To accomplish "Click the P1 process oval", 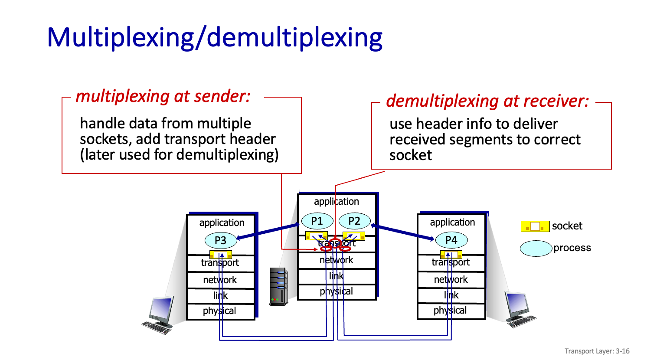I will [317, 221].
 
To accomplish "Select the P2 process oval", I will [354, 221].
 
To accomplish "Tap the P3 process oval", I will [221, 240].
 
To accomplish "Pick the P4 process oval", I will [451, 240].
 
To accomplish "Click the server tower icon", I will [278, 286].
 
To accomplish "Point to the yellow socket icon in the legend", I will [535, 226].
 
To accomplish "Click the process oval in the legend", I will [536, 249].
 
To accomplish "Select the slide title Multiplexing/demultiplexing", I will [215, 38].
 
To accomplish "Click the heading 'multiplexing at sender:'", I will [163, 96].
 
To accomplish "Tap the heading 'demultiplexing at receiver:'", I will [487, 101].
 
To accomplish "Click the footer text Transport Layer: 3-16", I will [597, 351].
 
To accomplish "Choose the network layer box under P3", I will [220, 280].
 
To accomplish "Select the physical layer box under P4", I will [451, 311].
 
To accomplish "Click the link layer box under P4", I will [451, 295].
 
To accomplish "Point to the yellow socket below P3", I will [221, 255].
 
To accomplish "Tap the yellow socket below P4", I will [451, 255].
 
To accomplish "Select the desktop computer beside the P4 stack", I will [519, 309].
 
